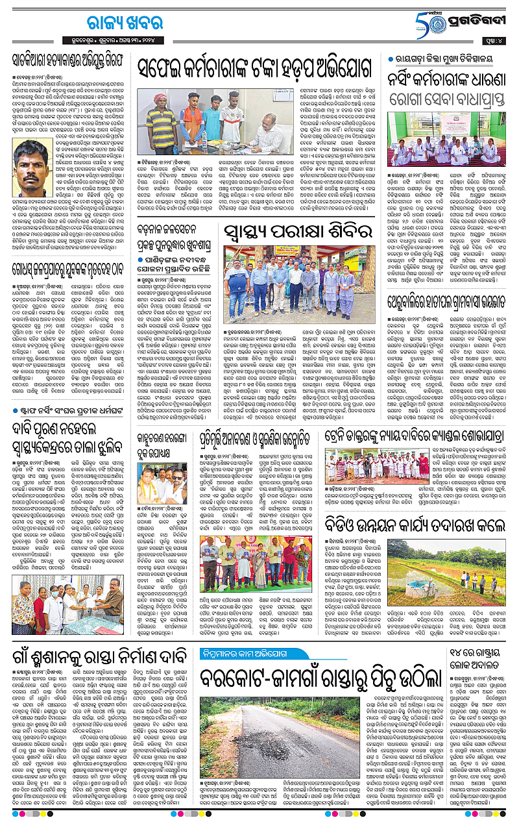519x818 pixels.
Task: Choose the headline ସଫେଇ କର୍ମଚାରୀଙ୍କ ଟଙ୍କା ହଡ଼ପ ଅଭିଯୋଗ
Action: pyautogui.click(x=253, y=69)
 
